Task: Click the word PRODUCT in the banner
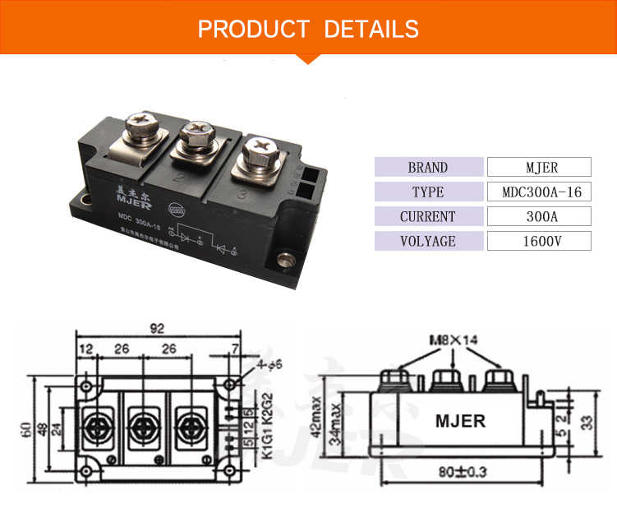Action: point(252,30)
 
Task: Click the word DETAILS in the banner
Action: point(371,30)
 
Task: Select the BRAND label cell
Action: point(428,168)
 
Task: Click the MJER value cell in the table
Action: point(539,168)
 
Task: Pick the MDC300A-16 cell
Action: point(539,192)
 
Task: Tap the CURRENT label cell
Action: point(428,217)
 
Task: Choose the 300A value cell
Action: point(539,217)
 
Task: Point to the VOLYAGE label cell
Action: point(428,242)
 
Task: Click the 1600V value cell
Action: point(539,242)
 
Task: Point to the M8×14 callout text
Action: point(453,340)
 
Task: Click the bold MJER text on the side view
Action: point(460,421)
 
